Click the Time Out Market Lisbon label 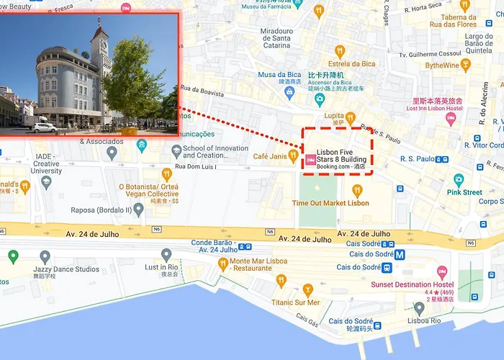(x=330, y=203)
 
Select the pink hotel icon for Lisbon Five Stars (x=310, y=161)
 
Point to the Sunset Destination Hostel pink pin (x=442, y=272)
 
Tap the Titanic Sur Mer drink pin (x=308, y=290)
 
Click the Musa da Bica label (x=281, y=75)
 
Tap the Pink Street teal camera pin (x=459, y=180)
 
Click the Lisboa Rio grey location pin (x=419, y=308)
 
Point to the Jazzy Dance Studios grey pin (x=45, y=257)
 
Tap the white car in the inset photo (x=45, y=127)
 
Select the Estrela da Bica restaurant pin (x=341, y=51)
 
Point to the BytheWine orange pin (x=465, y=66)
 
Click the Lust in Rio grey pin (x=166, y=254)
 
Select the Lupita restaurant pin (x=350, y=117)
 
